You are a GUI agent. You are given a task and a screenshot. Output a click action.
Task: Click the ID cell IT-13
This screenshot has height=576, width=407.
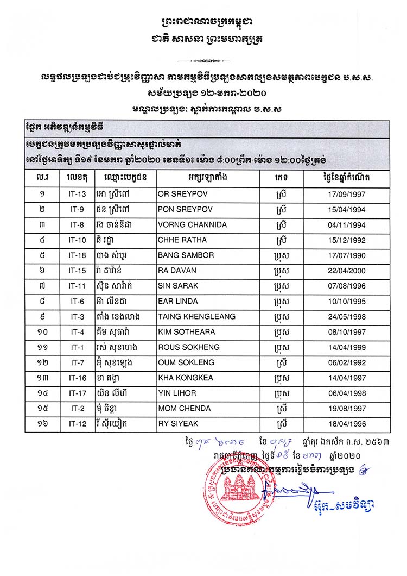pyautogui.click(x=78, y=195)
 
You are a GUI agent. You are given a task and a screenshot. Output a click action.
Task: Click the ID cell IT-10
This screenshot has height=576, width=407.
pyautogui.click(x=78, y=240)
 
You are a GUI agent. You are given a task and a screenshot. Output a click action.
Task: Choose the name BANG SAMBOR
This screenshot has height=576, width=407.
pyautogui.click(x=186, y=255)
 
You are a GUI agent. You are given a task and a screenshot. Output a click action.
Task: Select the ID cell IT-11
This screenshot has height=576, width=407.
pyautogui.click(x=78, y=286)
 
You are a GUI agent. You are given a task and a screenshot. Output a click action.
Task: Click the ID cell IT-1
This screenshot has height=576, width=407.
pyautogui.click(x=78, y=347)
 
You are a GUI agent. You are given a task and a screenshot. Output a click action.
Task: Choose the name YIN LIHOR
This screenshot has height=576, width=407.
pyautogui.click(x=177, y=393)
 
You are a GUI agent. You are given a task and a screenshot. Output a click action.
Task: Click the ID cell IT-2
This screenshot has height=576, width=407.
pyautogui.click(x=78, y=408)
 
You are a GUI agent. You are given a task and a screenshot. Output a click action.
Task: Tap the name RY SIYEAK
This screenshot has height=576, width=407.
pyautogui.click(x=177, y=423)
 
